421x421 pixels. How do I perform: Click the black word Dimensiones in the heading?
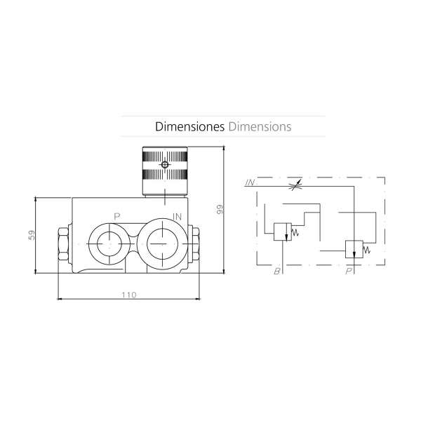189,127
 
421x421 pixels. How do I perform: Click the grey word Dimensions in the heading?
260,127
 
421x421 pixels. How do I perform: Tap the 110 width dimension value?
129,295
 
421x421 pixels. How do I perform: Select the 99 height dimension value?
220,209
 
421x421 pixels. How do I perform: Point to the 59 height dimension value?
32,235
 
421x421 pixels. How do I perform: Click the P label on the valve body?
116,216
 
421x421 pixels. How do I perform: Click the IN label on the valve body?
178,216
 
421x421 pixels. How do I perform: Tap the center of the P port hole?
109,243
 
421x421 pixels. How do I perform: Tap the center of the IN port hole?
163,243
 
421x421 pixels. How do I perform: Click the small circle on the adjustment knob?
165,165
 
